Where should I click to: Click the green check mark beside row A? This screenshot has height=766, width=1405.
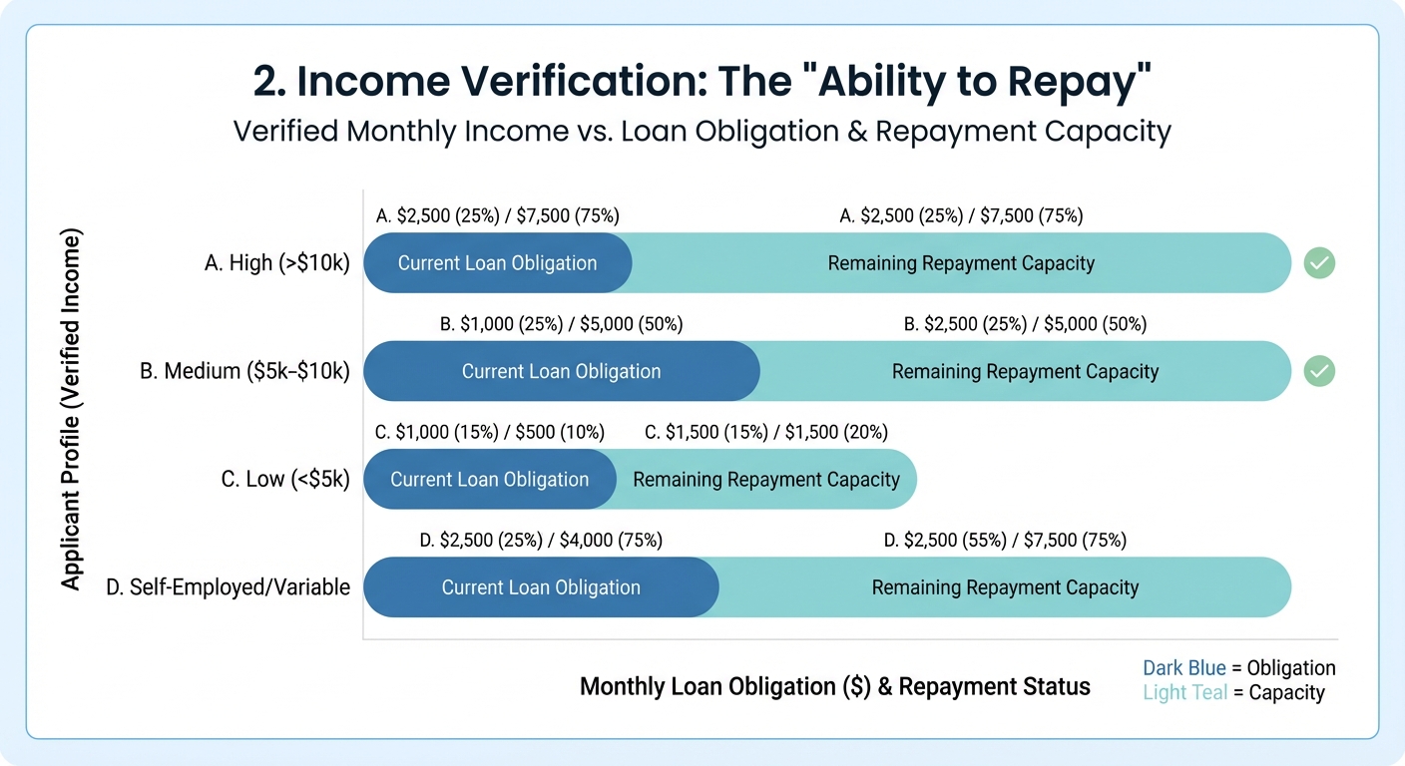pos(1319,263)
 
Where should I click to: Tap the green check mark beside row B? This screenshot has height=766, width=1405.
pos(1319,372)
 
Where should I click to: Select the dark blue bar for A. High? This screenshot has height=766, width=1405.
pos(497,263)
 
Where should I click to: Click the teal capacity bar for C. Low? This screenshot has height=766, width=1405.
pos(766,479)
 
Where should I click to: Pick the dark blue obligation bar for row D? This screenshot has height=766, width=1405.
pos(541,587)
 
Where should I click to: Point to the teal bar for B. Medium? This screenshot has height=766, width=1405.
pos(1025,372)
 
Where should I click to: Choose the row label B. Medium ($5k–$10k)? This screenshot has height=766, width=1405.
pos(244,372)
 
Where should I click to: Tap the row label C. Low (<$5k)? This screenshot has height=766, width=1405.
pos(285,479)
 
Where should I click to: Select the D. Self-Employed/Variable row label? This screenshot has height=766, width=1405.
pos(228,587)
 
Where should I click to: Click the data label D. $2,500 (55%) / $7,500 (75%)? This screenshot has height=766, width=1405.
pos(1005,541)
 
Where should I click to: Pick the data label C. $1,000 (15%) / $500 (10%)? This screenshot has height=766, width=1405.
pos(490,432)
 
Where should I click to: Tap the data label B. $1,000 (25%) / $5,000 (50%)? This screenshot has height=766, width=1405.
pos(562,324)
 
